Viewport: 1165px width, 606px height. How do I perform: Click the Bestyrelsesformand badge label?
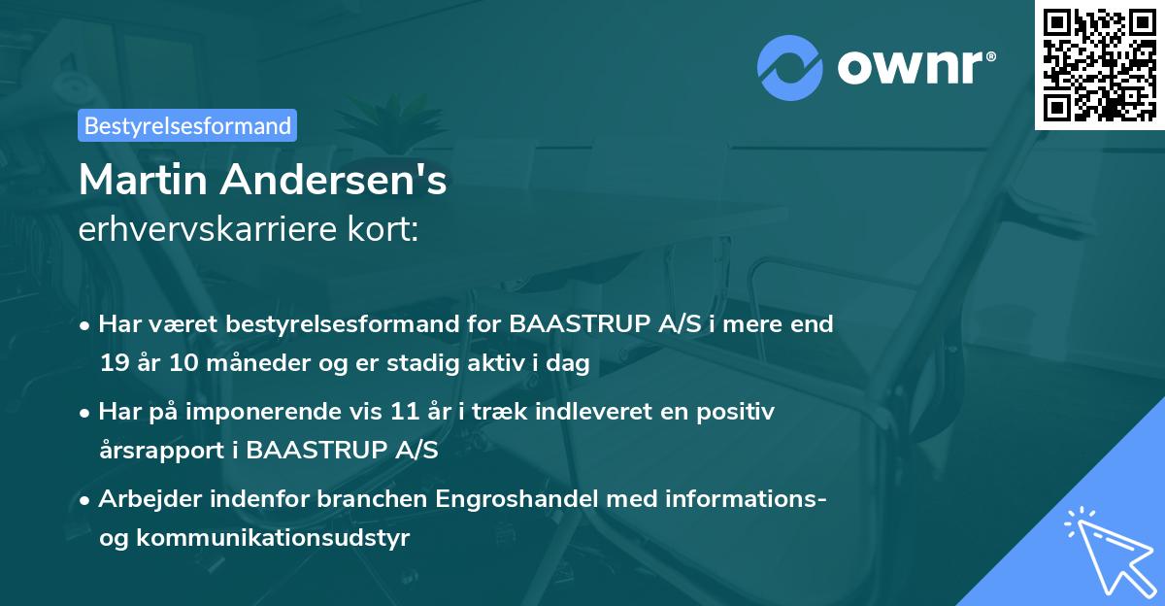(x=187, y=125)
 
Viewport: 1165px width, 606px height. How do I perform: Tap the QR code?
(x=1099, y=64)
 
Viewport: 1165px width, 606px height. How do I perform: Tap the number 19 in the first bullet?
(x=114, y=363)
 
